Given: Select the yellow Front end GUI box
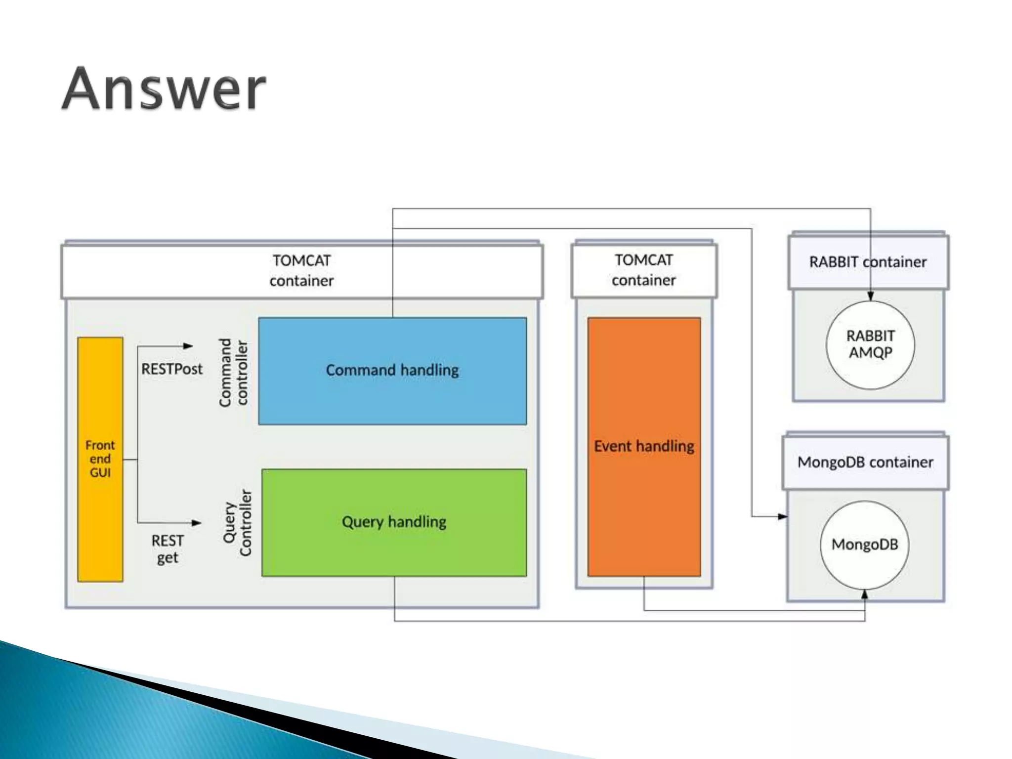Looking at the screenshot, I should [100, 459].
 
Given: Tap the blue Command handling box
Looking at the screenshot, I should [392, 371].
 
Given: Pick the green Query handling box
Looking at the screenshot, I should [394, 522].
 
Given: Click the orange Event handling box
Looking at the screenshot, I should [644, 447].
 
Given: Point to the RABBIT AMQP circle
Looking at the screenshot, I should [870, 344].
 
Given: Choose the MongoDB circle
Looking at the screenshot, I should [865, 545].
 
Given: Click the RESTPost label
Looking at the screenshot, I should [171, 369].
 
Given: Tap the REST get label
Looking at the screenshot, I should [168, 548].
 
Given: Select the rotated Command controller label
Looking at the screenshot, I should [233, 373].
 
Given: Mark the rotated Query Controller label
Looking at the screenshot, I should [238, 522].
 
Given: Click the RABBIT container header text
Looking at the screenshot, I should [868, 262].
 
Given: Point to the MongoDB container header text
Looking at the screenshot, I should [865, 463].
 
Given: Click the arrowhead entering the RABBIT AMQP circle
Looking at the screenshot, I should [870, 296].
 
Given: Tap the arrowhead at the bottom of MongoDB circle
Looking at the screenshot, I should [865, 594].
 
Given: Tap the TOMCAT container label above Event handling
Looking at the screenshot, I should [643, 270].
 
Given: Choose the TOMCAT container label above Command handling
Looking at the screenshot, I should [301, 270].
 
